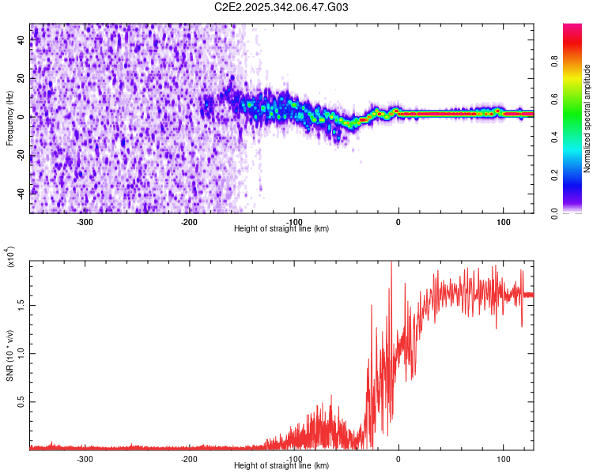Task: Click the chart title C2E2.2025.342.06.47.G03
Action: [281, 7]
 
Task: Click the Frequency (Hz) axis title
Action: [9, 118]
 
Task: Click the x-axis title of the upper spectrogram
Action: [281, 229]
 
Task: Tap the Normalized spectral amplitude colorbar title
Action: [587, 118]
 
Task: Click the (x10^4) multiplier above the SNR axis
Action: [11, 258]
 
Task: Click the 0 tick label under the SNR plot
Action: [398, 458]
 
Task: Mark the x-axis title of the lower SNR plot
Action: [281, 466]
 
